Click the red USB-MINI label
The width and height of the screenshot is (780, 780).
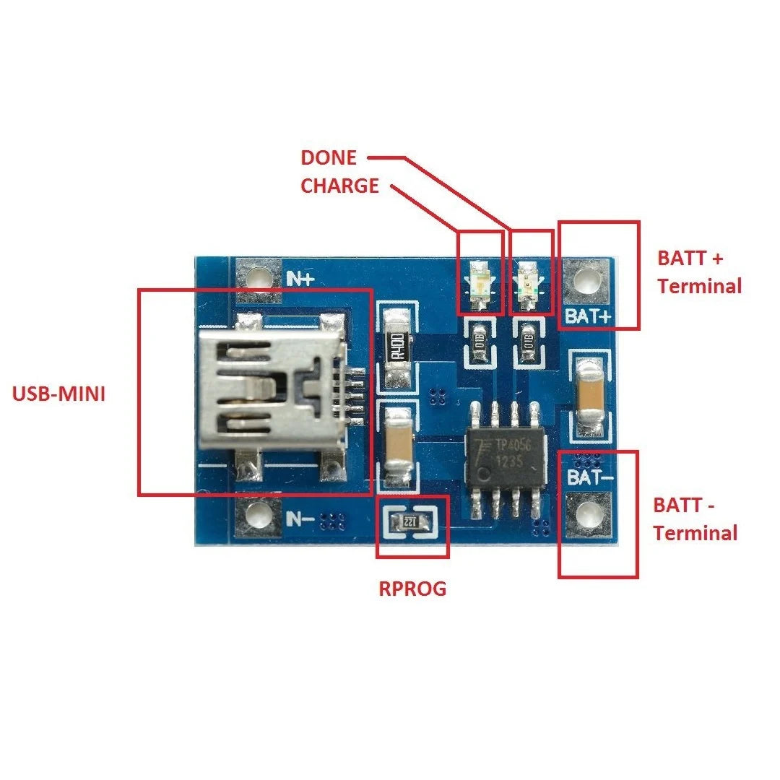(58, 394)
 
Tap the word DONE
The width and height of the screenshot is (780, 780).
(329, 157)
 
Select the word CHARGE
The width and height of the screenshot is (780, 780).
(339, 186)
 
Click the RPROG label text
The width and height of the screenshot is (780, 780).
(412, 589)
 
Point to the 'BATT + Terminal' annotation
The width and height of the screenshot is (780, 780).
(699, 272)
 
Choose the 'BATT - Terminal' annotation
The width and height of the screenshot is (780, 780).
(695, 519)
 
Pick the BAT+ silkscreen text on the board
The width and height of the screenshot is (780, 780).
(587, 316)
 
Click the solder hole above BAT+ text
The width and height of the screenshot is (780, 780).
(587, 280)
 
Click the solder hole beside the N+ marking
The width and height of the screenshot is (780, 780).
(258, 277)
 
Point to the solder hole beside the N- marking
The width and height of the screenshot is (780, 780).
(257, 514)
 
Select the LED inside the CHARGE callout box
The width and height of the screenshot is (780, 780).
(480, 283)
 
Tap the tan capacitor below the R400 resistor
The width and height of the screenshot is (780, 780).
(397, 446)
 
